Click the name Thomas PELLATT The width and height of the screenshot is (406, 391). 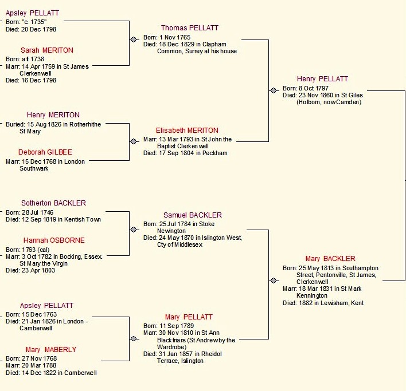pos(189,28)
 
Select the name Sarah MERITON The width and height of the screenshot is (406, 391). pos(46,50)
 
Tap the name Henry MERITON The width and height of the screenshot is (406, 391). pos(53,115)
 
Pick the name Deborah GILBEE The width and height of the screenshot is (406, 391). pos(45,152)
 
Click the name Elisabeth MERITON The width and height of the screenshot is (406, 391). pos(187,131)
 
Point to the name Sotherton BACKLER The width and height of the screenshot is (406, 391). pos(53,203)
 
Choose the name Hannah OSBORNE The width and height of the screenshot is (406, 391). pos(54,240)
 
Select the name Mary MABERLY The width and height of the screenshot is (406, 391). pos(50,350)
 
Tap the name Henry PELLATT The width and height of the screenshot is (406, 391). pos(322,79)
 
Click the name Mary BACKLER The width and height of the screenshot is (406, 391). pos(330,259)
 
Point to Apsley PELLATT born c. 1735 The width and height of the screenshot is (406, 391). pos(32,13)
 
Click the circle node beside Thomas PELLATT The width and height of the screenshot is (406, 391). pos(134,40)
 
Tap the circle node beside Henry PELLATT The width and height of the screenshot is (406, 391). pos(273,90)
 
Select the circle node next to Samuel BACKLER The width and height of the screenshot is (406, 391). pos(134,230)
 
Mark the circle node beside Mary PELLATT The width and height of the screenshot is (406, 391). pos(134,338)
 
